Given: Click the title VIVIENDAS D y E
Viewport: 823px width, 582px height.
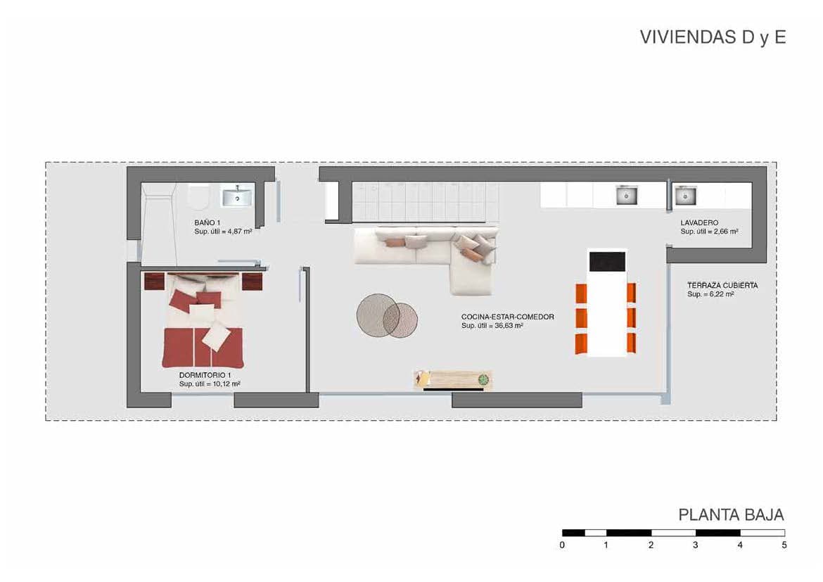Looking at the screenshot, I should point(712,38).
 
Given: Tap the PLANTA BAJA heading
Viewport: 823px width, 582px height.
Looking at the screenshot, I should point(731,514).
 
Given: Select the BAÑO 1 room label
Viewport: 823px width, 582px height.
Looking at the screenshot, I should point(208,222).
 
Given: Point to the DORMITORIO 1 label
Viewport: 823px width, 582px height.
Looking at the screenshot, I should point(205,376).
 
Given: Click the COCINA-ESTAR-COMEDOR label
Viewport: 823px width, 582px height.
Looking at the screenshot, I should point(507,317).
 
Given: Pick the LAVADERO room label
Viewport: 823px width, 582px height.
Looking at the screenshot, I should point(698,223).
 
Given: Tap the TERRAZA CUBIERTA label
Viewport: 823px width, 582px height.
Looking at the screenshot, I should point(722,286).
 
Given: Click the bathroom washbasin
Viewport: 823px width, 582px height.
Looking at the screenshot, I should point(238,196).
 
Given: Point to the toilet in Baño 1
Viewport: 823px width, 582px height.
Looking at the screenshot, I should point(198,197).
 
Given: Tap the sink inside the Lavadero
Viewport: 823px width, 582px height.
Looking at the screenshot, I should point(684,195).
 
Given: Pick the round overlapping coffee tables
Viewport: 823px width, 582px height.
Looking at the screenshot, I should point(386,315).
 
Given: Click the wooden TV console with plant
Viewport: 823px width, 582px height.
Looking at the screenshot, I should point(452,380).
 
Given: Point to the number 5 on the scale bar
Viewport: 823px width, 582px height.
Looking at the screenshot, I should point(784,545).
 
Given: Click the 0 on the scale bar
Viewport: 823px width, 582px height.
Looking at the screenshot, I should point(562,545).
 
